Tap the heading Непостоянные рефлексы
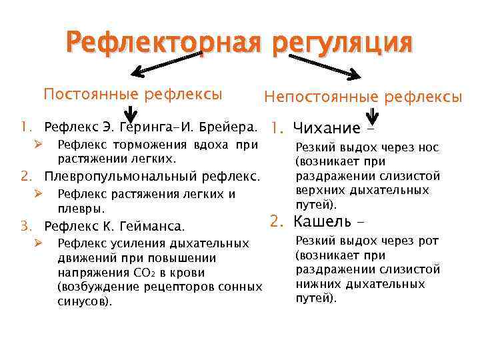click(x=363, y=97)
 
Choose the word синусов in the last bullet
click(x=83, y=301)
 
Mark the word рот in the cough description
click(x=428, y=241)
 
